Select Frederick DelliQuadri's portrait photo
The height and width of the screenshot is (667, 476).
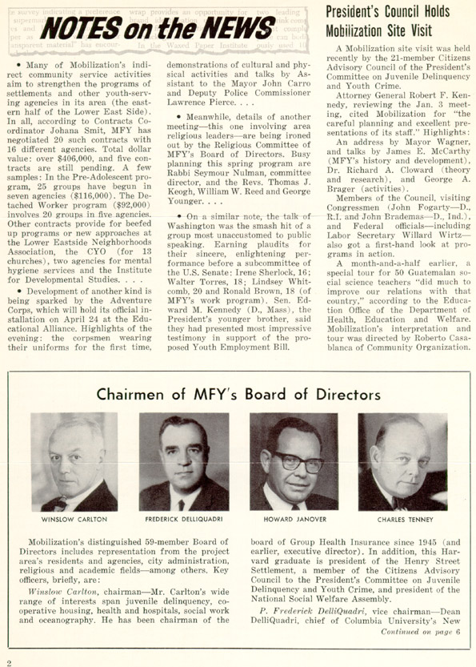click(x=184, y=462)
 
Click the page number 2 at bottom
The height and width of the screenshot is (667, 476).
click(x=9, y=661)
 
